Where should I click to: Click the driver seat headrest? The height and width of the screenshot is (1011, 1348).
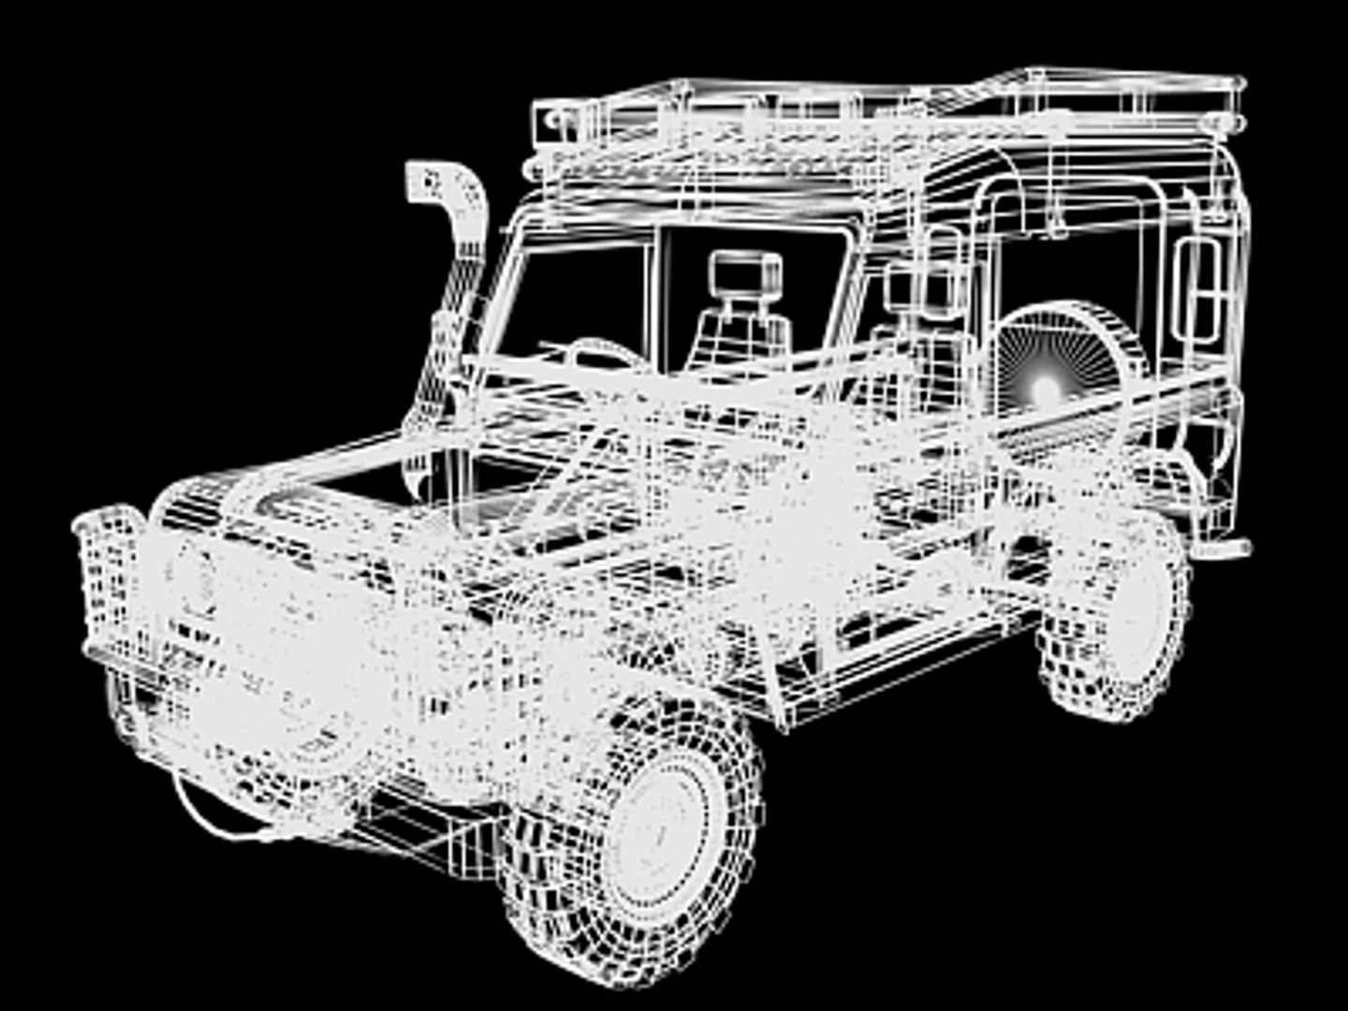click(x=745, y=272)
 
